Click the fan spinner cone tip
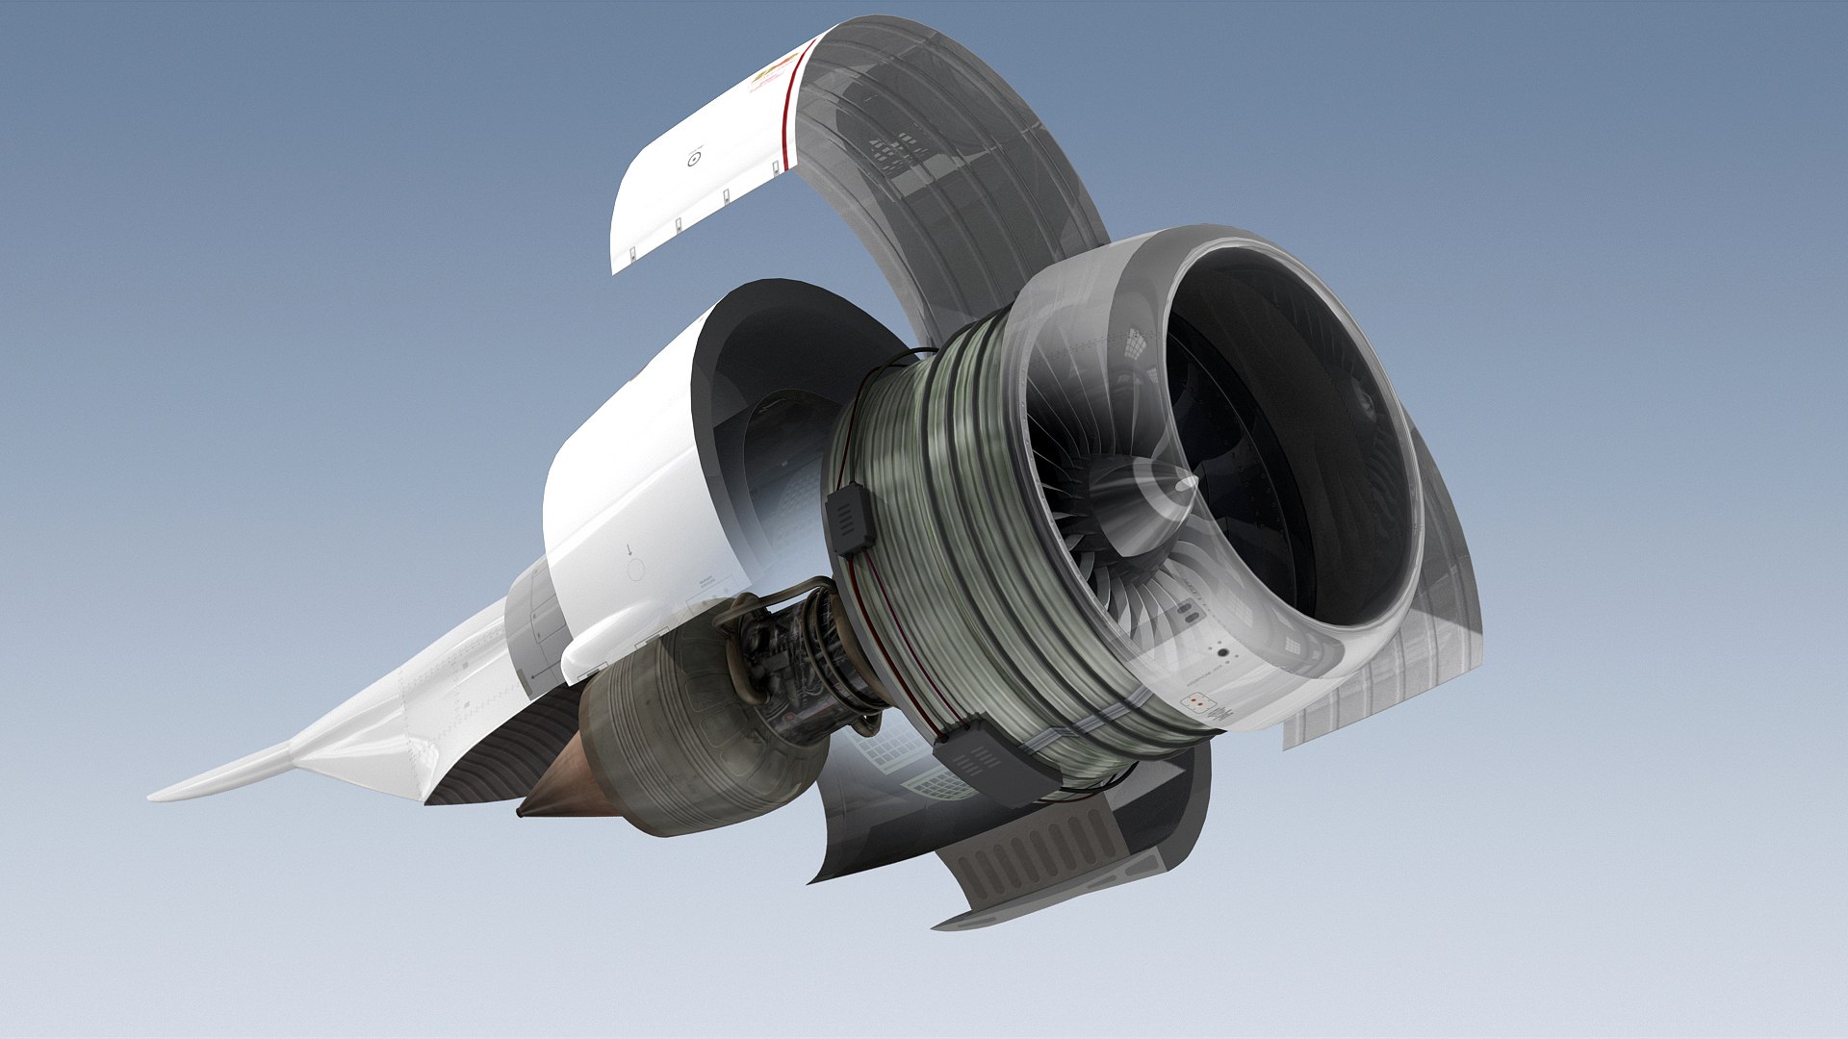1190,481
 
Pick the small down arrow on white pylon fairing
630,550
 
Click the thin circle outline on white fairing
635,570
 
